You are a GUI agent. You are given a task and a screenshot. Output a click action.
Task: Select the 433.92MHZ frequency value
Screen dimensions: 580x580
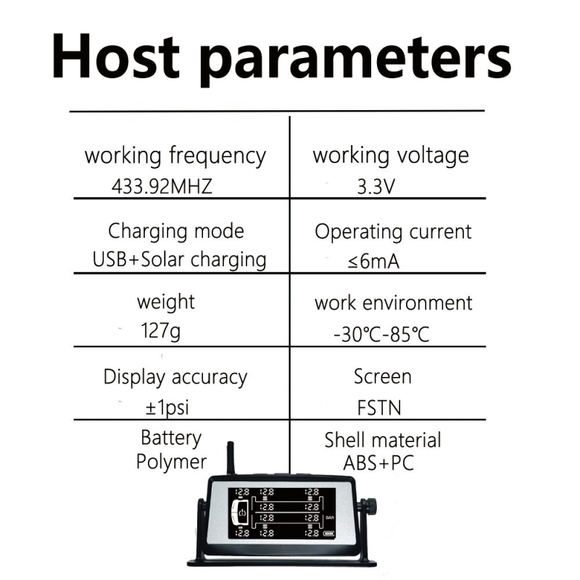(x=162, y=186)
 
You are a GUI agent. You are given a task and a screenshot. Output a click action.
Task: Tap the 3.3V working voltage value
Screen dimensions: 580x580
(x=376, y=186)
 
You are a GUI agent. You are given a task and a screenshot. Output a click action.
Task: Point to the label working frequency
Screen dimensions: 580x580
(x=175, y=156)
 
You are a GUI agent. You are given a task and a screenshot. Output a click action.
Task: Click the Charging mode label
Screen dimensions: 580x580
(x=175, y=231)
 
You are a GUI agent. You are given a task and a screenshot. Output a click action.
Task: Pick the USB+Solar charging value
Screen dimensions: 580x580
(x=179, y=260)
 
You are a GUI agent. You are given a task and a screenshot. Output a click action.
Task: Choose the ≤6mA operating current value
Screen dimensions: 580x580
(x=373, y=262)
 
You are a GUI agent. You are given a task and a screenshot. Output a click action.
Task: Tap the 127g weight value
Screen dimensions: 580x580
(x=160, y=332)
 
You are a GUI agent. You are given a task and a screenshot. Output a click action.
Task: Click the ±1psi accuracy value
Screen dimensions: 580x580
(x=167, y=407)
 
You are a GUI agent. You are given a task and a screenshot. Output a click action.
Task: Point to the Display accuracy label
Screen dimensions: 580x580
(x=175, y=378)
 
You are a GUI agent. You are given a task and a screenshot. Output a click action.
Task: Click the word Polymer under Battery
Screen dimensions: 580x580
(x=171, y=462)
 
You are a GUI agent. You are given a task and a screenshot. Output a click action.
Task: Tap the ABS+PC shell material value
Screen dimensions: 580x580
(x=378, y=463)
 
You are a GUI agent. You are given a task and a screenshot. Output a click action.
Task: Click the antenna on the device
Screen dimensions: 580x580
(x=230, y=458)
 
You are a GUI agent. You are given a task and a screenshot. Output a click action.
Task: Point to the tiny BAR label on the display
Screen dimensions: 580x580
(x=329, y=518)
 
